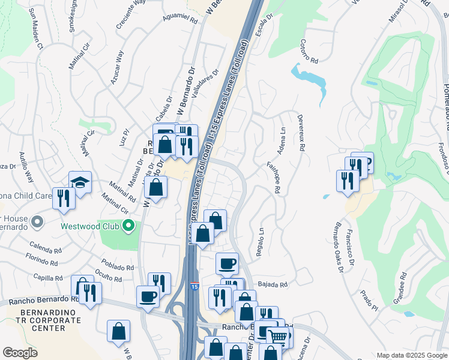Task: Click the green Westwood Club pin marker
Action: (128, 226)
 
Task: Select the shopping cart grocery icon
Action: (277, 337)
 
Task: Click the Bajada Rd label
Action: (273, 284)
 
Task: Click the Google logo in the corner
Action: (20, 352)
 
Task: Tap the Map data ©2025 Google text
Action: (411, 355)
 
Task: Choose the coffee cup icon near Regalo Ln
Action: (227, 263)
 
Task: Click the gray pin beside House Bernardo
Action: (37, 223)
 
